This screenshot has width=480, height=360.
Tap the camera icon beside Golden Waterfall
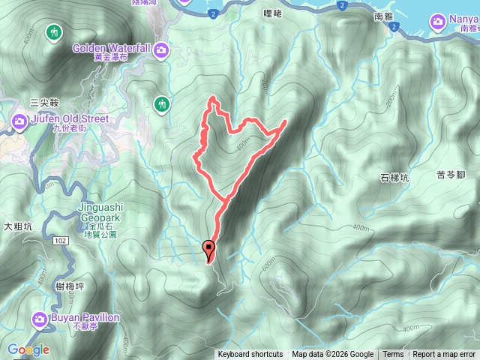click(163, 51)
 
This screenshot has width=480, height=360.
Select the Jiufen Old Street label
click(70, 118)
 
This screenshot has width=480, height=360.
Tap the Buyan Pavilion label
click(85, 317)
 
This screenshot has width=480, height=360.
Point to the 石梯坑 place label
click(394, 178)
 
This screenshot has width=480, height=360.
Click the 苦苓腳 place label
click(451, 175)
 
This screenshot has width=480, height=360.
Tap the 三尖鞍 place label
click(43, 102)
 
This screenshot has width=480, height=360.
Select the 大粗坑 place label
click(19, 225)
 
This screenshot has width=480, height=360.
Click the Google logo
click(28, 349)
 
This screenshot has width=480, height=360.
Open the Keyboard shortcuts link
click(250, 355)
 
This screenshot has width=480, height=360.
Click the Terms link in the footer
click(393, 355)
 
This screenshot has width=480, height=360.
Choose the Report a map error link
click(444, 355)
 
